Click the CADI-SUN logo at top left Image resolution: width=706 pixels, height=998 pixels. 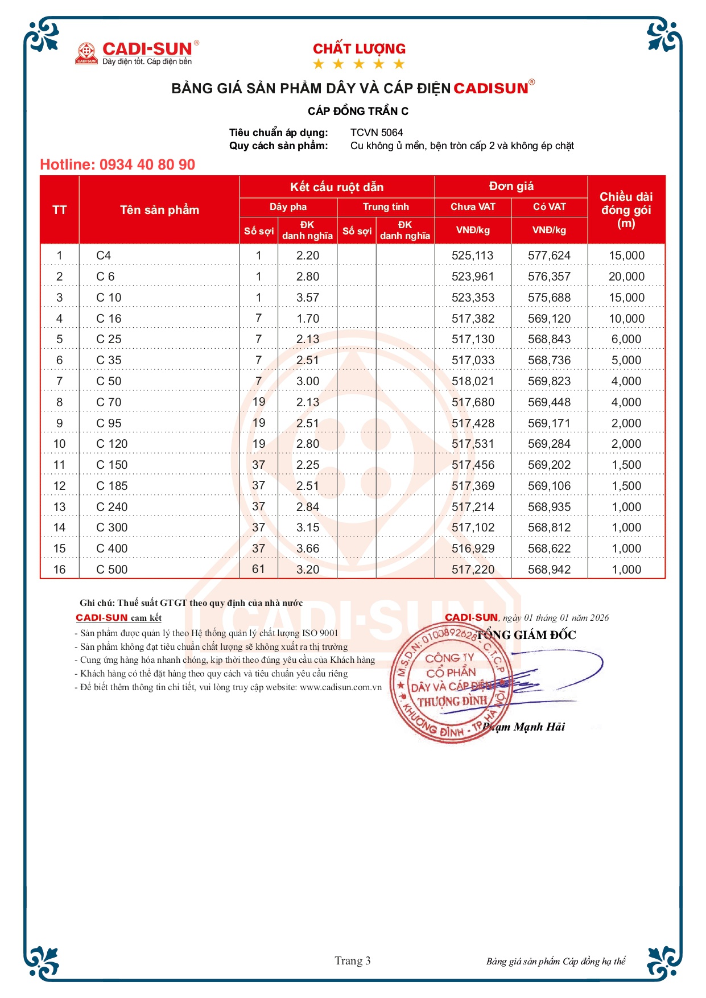tap(137, 52)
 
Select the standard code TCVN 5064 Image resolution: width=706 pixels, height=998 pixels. tap(376, 133)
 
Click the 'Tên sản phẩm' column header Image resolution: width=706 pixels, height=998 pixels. tap(159, 210)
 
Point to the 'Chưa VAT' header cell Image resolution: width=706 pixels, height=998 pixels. tap(473, 207)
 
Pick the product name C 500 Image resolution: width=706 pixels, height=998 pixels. tap(112, 570)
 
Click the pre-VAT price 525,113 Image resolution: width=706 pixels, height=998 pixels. tap(473, 255)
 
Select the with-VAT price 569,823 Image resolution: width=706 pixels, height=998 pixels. tap(549, 381)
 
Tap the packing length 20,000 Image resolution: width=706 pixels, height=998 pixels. tap(626, 277)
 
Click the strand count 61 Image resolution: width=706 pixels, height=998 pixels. tap(259, 569)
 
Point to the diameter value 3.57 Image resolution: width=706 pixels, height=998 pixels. tap(308, 298)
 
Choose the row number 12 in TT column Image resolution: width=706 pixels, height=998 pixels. tap(60, 486)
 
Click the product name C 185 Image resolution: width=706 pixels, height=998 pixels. tap(112, 486)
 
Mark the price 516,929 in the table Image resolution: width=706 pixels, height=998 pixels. tap(473, 549)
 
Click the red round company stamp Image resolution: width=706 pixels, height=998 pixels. tap(449, 683)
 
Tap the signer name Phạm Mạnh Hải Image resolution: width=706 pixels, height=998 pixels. tap(523, 727)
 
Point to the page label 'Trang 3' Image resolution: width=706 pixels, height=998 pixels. tap(353, 961)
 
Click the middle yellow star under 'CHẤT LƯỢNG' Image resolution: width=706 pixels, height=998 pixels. tap(359, 64)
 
